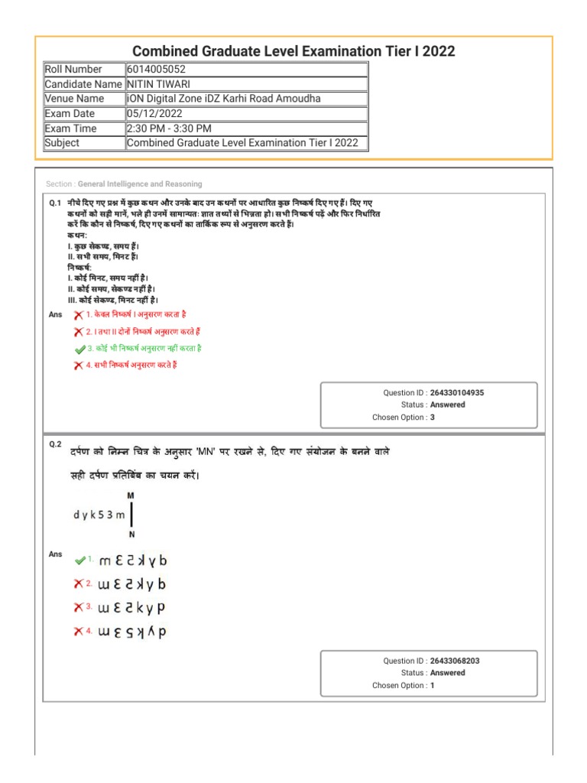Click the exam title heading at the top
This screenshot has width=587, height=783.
pyautogui.click(x=293, y=51)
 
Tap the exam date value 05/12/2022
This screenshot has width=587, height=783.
pyautogui.click(x=155, y=114)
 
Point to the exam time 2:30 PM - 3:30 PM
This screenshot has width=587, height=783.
pyautogui.click(x=169, y=128)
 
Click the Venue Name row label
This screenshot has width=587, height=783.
pyautogui.click(x=74, y=99)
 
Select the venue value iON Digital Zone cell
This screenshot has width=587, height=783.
pyautogui.click(x=223, y=99)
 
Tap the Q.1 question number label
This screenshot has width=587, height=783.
pyautogui.click(x=55, y=203)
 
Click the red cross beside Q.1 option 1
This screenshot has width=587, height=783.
pyautogui.click(x=79, y=315)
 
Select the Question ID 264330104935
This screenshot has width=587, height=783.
pyautogui.click(x=456, y=392)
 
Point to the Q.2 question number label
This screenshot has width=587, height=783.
pyautogui.click(x=55, y=443)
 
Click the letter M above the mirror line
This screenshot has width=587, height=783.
pyautogui.click(x=131, y=495)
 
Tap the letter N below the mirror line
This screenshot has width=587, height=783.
pyautogui.click(x=131, y=534)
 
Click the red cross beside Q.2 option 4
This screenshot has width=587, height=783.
pyautogui.click(x=79, y=632)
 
